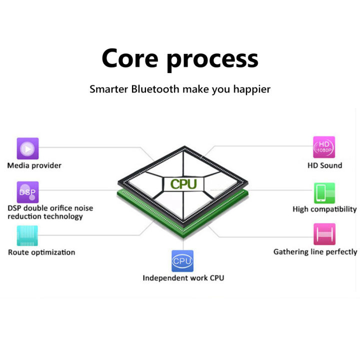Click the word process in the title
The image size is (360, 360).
tap(212, 59)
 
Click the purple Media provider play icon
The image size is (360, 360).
tap(27, 148)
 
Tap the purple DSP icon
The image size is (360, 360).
tap(27, 192)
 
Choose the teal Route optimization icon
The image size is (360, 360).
tap(27, 235)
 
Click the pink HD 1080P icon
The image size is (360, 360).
tap(324, 147)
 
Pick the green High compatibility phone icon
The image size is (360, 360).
tap(324, 193)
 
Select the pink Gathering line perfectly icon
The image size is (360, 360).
tap(324, 234)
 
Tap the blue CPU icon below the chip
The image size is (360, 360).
tap(182, 261)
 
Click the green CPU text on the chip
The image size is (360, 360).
tap(183, 184)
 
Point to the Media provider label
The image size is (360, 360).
tap(34, 165)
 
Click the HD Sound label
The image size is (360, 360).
tap(324, 165)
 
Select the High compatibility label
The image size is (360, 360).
tap(324, 209)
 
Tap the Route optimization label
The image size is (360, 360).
tap(41, 252)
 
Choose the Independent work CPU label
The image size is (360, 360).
tap(183, 278)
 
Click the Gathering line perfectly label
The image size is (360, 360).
tap(315, 251)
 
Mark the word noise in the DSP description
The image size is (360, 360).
tap(82, 208)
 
